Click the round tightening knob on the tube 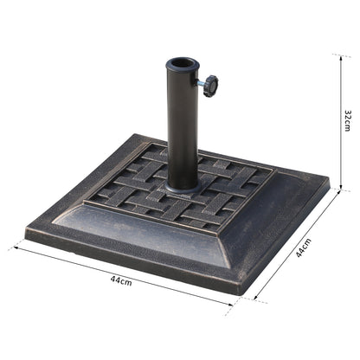(209, 86)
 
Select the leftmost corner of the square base (27, 232)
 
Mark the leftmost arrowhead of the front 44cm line (12, 247)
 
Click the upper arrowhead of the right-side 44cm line (339, 195)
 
